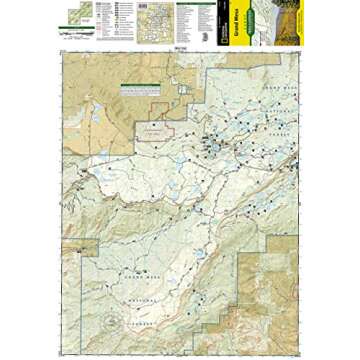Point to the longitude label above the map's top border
coord(180,46)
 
